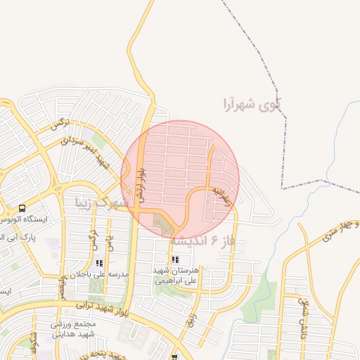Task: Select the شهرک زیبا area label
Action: [x=103, y=203]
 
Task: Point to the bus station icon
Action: [x=22, y=209]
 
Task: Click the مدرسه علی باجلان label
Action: [x=105, y=274]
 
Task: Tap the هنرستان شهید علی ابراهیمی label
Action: [x=176, y=274]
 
